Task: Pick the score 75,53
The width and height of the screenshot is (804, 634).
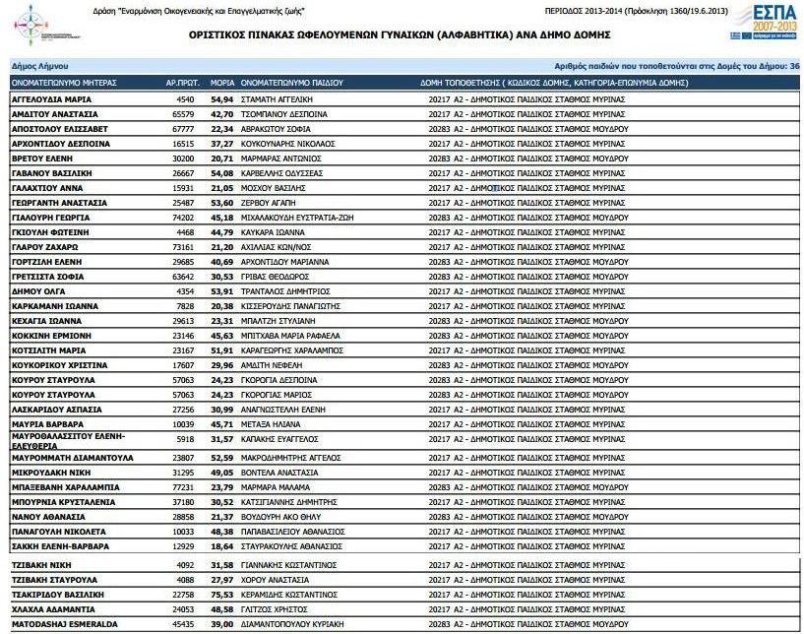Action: coord(221,595)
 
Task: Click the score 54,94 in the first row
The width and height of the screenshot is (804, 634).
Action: coord(221,99)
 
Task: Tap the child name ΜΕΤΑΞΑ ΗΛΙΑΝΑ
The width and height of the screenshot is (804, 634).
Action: coord(271,423)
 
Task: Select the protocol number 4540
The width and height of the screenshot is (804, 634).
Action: coord(185,99)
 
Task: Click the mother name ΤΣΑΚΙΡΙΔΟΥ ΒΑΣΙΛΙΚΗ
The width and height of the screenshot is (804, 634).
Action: coord(65,595)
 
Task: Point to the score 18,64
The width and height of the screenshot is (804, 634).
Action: coord(221,545)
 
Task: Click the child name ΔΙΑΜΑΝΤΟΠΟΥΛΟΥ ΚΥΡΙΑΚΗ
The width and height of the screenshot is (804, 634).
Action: coord(300,624)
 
